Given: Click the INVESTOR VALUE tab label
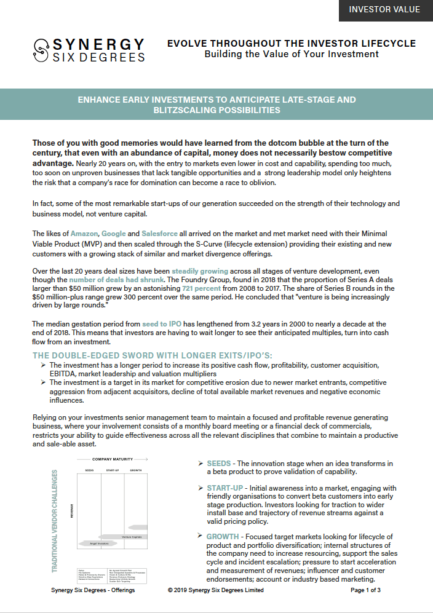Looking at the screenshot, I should [384, 10].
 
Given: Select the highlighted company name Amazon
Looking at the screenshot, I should [84, 234].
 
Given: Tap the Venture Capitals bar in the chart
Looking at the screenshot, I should [132, 537].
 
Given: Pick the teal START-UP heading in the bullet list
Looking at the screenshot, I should [228, 488].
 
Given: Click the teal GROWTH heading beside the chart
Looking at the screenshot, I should [222, 537].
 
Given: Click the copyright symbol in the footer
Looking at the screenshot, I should [170, 590].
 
